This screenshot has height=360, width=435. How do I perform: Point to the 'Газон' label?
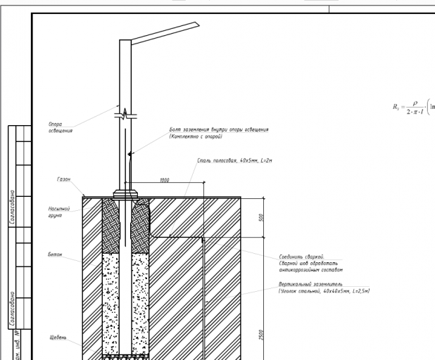click(63, 179)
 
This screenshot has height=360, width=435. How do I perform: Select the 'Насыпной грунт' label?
click(58, 212)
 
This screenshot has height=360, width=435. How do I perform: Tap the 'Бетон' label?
click(55, 254)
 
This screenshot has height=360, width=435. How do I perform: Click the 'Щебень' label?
click(58, 337)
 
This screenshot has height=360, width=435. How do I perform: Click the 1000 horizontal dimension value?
click(164, 180)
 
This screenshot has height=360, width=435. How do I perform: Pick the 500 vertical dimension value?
click(261, 217)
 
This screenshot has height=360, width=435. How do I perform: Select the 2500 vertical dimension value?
click(261, 334)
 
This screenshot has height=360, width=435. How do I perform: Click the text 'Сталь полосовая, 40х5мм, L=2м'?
click(234, 161)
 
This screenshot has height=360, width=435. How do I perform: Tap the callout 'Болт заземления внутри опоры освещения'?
click(219, 130)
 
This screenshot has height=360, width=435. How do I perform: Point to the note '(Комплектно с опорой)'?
click(196, 136)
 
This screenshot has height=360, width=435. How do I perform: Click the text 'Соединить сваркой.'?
click(301, 257)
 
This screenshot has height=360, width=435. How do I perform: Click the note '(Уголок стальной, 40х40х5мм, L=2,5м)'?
click(324, 290)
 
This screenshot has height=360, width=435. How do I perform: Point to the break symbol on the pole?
click(125, 112)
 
